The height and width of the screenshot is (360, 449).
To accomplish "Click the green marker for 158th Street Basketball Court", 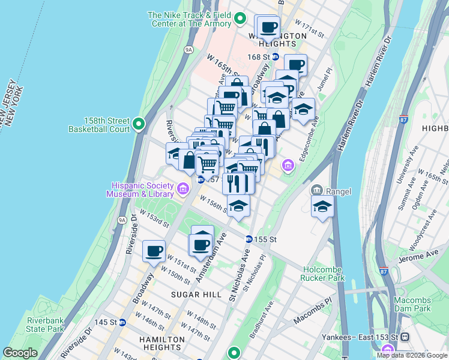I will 139,124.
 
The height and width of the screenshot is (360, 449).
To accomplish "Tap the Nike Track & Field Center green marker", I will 240,19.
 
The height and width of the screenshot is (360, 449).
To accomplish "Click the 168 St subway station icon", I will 276,57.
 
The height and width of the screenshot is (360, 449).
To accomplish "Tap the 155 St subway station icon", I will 248,239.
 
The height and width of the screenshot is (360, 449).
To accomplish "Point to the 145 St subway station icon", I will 122,322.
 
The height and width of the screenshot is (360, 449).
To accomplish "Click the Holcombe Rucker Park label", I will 324,274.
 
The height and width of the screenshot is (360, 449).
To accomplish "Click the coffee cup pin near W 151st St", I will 154,251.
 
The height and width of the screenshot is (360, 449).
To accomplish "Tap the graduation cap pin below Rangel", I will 322,207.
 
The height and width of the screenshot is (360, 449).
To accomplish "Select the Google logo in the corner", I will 20,353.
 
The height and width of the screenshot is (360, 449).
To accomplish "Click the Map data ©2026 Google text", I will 411,355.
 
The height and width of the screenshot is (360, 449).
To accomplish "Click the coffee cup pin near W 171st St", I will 268,27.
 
